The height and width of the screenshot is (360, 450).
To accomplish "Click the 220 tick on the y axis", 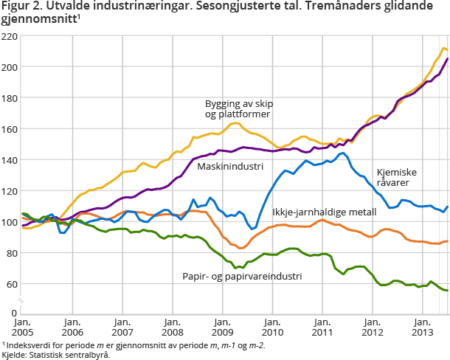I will coord(10,36).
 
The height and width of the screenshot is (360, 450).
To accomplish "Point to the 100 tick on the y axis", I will coord(10,222).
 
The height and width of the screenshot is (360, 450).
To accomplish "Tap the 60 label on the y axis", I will coord(12,284).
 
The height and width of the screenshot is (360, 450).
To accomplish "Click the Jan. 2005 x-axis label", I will coord(22,328).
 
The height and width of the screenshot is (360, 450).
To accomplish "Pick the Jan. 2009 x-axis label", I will coord(223,328).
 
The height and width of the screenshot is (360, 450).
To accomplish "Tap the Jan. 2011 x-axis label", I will coord(322,328).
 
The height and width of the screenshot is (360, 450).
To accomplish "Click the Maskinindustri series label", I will coord(230,167).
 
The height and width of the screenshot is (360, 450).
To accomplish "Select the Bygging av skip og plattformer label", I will coord(238,108).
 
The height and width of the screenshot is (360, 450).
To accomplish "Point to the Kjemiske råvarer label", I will coord(397,178).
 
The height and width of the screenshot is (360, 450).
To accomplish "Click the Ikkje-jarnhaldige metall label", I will coord(325,212).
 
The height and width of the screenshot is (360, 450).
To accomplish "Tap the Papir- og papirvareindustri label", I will coord(242,276).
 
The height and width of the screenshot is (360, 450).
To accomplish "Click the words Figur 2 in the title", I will coord(20,7).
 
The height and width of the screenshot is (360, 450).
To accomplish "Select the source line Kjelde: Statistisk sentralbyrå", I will coord(56,355).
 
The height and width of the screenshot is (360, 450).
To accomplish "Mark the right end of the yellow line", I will coord(447,49).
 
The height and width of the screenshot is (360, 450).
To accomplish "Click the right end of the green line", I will coord(447,291).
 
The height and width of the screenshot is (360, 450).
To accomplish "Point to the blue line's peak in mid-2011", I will coord(342,153).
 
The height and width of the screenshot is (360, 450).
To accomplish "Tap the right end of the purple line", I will coord(447,59).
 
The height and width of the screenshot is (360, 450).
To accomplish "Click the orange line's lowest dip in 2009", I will coord(240,248).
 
